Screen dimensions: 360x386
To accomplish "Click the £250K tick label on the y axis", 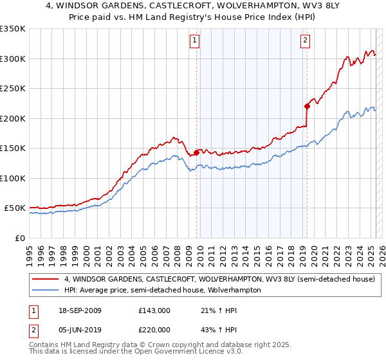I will (x=13, y=89).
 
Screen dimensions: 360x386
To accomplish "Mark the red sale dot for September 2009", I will (x=196, y=152).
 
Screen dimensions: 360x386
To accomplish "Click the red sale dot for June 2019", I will (x=307, y=106).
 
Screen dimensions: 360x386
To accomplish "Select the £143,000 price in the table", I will (x=154, y=310).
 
